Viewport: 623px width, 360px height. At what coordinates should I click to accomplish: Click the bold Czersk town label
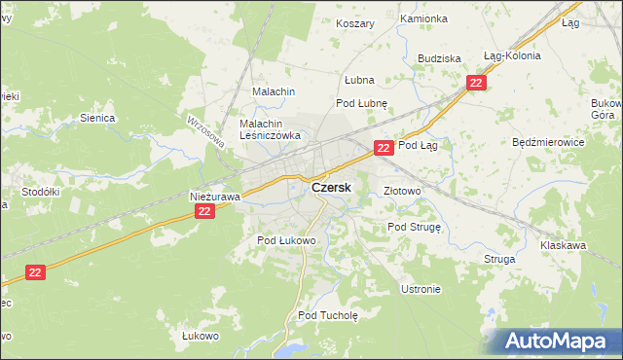coord(331,187)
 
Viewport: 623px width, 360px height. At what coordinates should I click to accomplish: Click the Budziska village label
coord(439,58)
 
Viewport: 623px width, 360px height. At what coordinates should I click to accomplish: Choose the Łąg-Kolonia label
coord(511,56)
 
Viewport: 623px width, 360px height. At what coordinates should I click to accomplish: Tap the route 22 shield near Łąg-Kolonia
coord(475,84)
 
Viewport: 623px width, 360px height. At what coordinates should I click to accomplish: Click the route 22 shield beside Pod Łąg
coord(384,148)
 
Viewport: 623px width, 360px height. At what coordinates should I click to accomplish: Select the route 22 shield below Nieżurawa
coord(203,211)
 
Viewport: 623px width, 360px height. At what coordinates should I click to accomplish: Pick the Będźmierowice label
coord(547,142)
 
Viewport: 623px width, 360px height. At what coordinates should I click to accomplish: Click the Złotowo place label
coord(402,192)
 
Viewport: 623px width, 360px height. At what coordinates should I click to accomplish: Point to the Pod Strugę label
coord(415,227)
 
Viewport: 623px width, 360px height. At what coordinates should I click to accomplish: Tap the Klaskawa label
coord(563,246)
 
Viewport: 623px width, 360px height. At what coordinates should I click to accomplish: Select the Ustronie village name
coord(421,289)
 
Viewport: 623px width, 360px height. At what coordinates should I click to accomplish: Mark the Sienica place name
coord(97,118)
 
